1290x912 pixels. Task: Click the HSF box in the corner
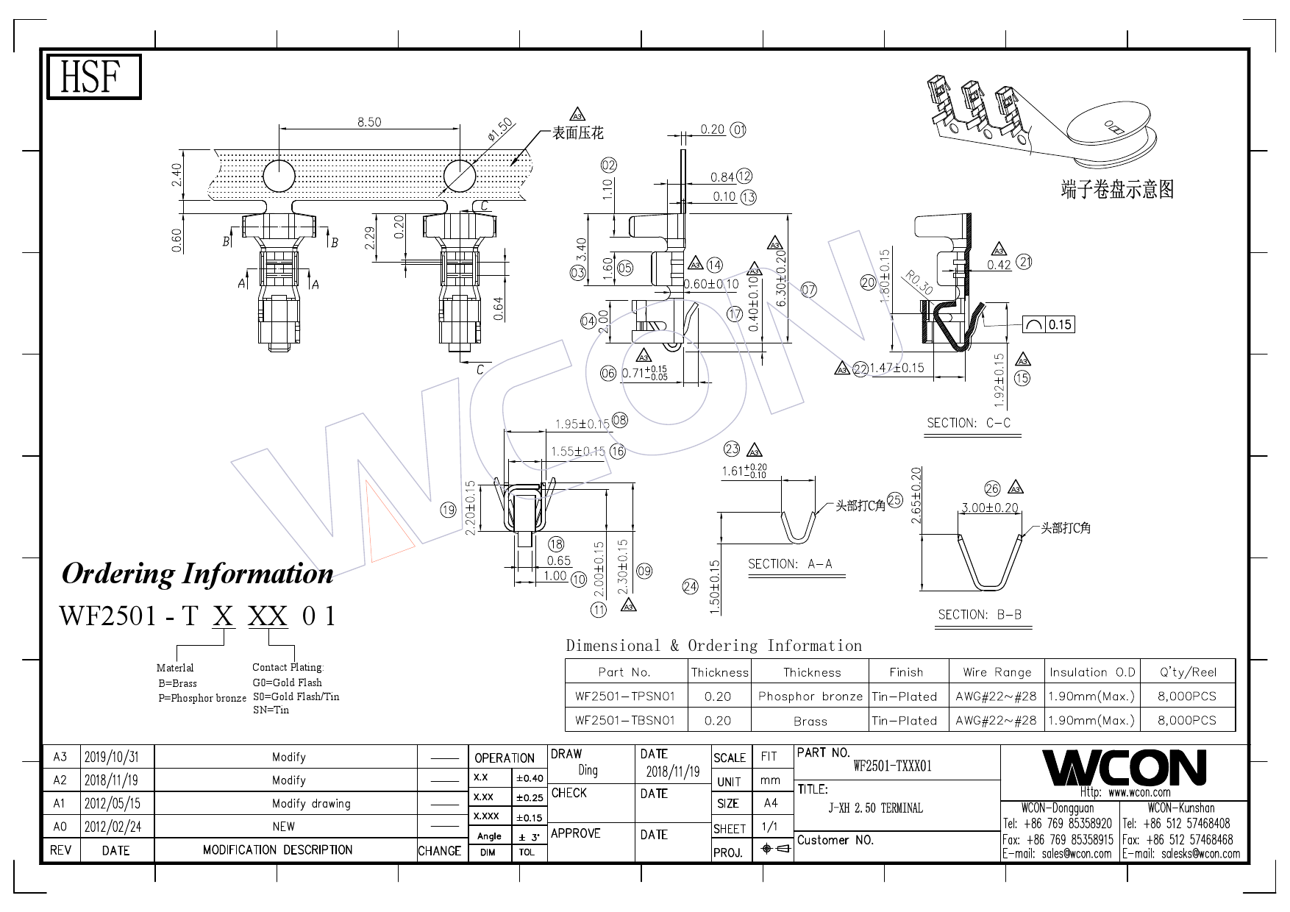coord(93,77)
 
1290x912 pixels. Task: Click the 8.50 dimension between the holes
coord(369,122)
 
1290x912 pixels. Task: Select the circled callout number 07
coord(808,290)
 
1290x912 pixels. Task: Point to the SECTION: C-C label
coord(969,423)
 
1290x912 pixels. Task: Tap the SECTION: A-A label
coord(790,564)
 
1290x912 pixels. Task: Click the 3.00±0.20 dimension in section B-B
coord(990,507)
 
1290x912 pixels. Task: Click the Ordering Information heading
coord(197,574)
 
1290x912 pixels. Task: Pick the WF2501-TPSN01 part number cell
coord(625,696)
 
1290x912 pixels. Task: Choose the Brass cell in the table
coord(810,722)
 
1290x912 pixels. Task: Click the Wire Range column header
coord(997,671)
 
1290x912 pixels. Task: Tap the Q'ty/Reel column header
coord(1188,671)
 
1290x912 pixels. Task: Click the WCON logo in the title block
coord(1125,768)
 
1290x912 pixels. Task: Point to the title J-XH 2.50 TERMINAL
coord(875,808)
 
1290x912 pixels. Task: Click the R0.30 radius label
coord(919,283)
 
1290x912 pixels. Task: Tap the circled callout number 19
coord(448,510)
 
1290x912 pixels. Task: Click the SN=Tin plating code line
coord(271,710)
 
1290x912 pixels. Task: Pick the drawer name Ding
coord(588,770)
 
